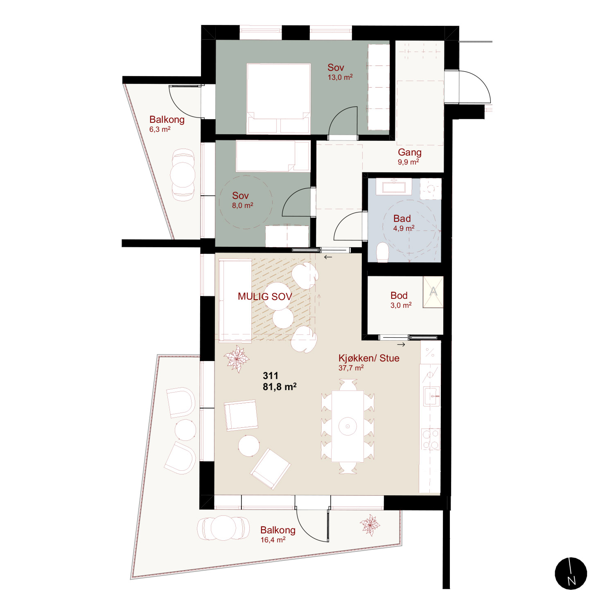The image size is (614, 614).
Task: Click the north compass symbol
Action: pos(571,573)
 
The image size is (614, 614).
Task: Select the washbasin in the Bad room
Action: pos(394,186)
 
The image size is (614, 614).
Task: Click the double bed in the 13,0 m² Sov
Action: pos(278,99)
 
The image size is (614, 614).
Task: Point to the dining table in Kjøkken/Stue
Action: pos(348,426)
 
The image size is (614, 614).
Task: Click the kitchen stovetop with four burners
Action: pos(431,439)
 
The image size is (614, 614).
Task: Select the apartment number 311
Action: pos(271,375)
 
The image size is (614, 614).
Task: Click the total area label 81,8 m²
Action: pos(280,386)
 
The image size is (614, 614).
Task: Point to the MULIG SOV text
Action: pos(265,296)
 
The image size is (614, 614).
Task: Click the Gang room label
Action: pos(409,152)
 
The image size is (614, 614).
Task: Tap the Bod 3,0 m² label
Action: pos(400,299)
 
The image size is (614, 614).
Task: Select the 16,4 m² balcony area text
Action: pos(273,540)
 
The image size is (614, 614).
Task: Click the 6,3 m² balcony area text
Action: pos(160,129)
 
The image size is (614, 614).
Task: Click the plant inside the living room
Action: pos(237,359)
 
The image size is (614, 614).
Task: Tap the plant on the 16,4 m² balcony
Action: pos(370,525)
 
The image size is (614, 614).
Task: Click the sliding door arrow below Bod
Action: pos(401,345)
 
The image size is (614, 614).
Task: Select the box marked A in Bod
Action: pos(433,292)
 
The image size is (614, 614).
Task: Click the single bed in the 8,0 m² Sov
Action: pos(273,156)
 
